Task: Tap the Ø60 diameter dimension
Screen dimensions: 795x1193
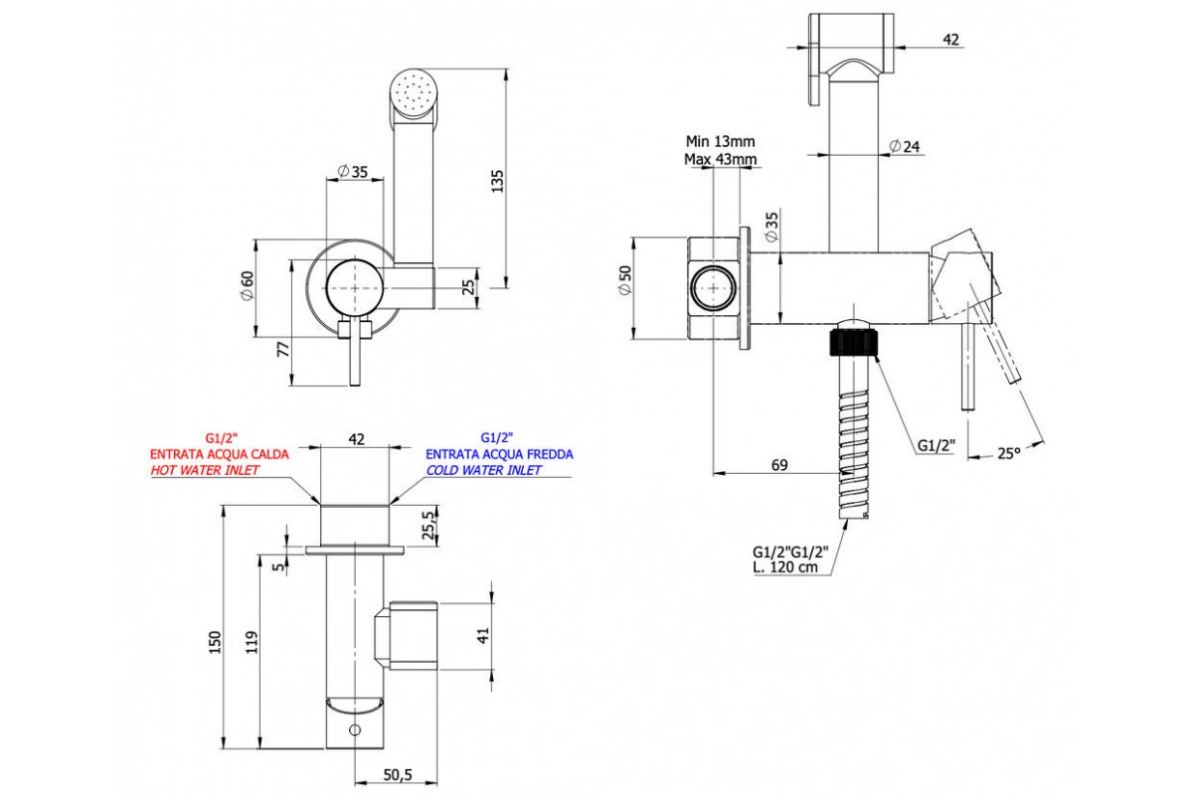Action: click(x=248, y=288)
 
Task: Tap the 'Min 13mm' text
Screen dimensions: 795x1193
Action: click(x=720, y=141)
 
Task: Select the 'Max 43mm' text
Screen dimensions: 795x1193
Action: click(x=720, y=159)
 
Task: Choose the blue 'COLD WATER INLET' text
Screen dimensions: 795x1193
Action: click(x=484, y=470)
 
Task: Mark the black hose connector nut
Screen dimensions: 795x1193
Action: click(x=854, y=343)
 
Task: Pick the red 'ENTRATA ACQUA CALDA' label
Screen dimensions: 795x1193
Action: click(x=220, y=454)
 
